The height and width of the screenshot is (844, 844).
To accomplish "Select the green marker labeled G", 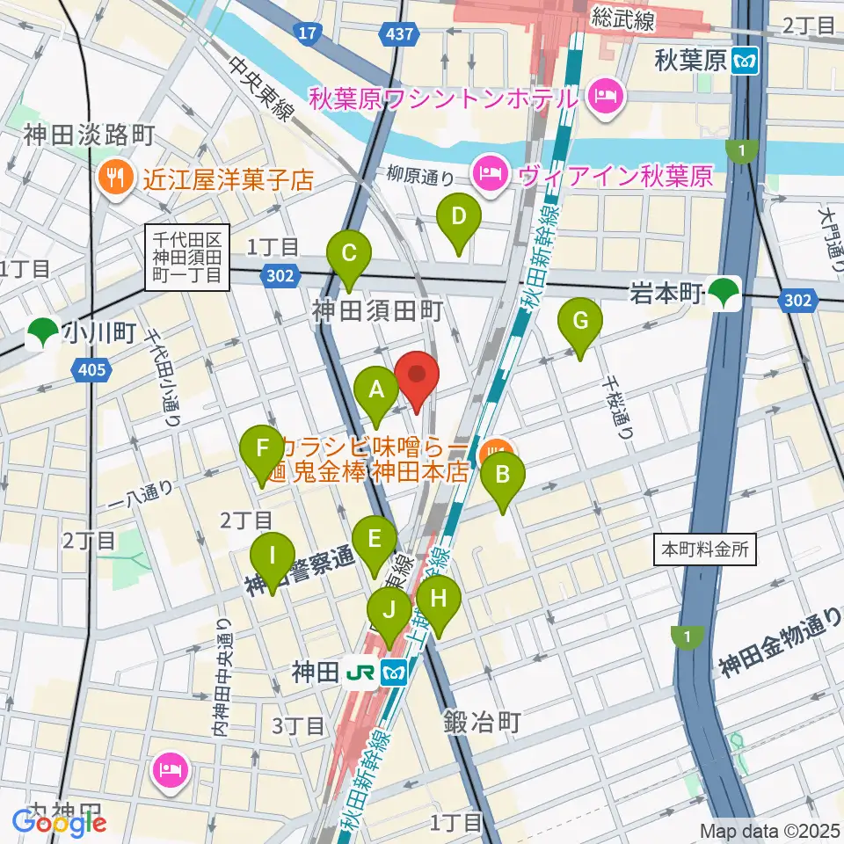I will click(x=580, y=324).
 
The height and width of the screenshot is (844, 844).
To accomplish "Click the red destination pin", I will click(x=417, y=376).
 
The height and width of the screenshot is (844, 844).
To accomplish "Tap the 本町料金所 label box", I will click(x=704, y=550).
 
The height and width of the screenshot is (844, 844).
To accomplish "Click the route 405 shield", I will click(x=92, y=369).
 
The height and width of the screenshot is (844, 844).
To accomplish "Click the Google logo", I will click(x=57, y=823).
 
